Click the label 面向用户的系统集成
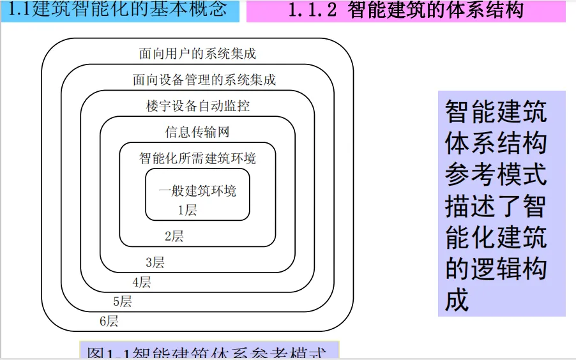tap(197, 54)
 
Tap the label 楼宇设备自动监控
tap(197, 106)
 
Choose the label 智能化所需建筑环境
tap(198, 158)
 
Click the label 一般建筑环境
tap(197, 190)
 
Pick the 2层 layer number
tap(174, 236)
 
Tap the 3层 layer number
tap(155, 262)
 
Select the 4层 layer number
tap(141, 282)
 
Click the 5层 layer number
tap(122, 301)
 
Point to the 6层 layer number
tap(109, 321)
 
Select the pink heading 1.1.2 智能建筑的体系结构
tap(405, 10)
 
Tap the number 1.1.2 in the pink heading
tap(312, 11)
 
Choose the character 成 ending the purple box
tap(457, 299)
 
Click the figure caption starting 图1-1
tap(208, 353)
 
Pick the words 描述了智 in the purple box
tap(496, 206)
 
